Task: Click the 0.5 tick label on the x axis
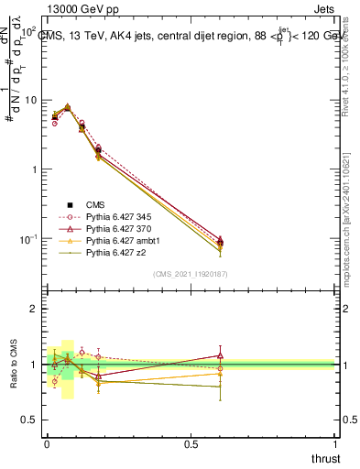(x=191, y=443)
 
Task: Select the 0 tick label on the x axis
(x=47, y=443)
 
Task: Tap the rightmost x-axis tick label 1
(x=334, y=443)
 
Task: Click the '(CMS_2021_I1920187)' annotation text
(x=191, y=273)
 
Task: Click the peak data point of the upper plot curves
(x=67, y=107)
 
